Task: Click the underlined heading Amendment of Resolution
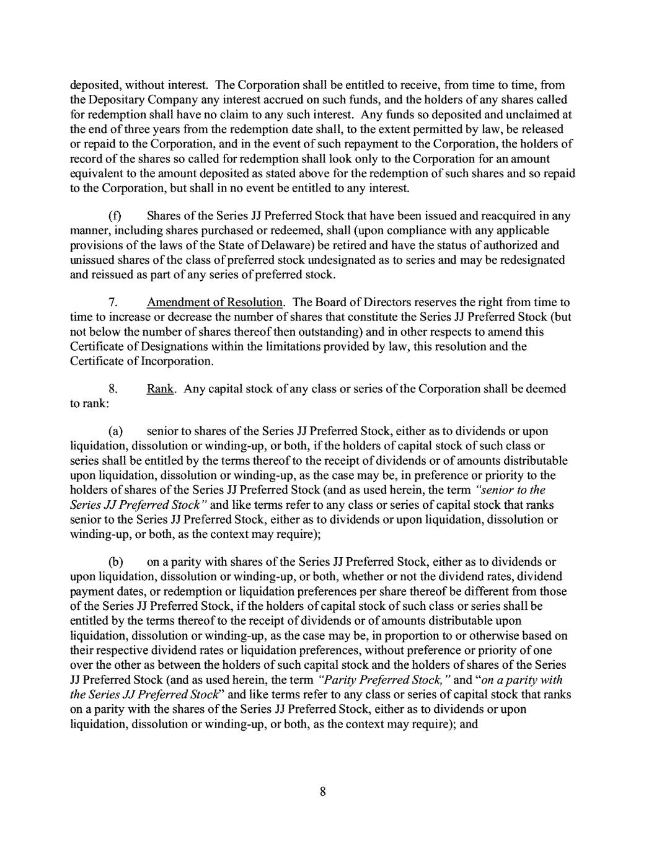pos(214,302)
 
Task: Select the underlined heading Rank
pos(159,389)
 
